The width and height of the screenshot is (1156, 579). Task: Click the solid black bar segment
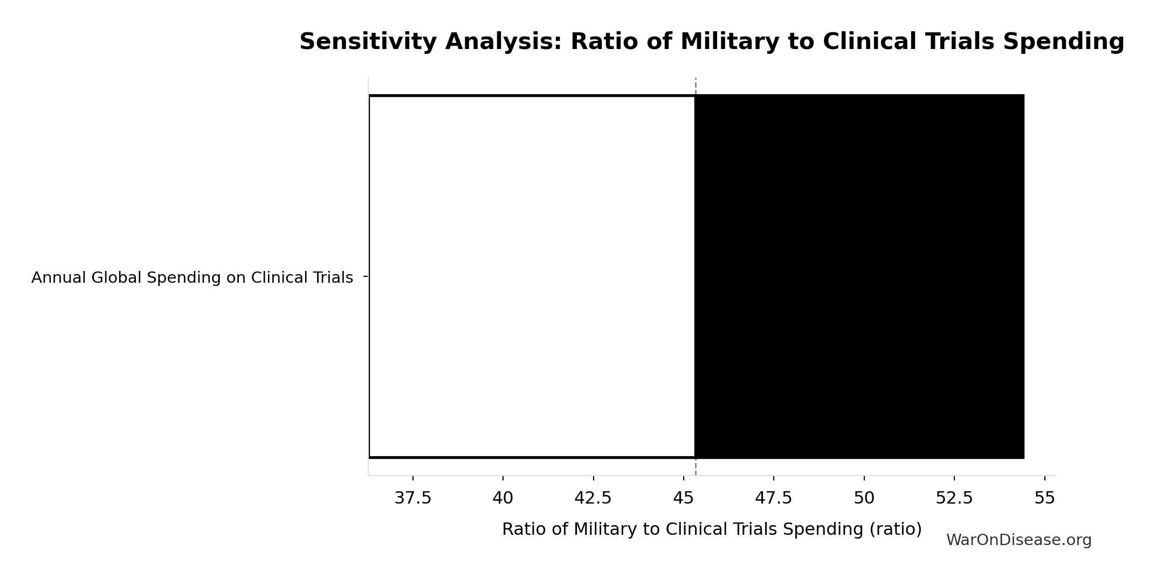(x=859, y=276)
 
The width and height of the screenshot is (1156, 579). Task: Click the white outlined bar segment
(x=532, y=276)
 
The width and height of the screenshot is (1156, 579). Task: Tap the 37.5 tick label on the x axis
(x=413, y=498)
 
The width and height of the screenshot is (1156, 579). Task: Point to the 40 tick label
(x=503, y=498)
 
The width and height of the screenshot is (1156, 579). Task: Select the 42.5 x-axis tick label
(x=593, y=498)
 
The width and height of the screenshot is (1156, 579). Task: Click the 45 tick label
(x=683, y=498)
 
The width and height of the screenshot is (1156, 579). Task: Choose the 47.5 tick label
(x=774, y=498)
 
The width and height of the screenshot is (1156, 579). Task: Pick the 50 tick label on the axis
(x=864, y=498)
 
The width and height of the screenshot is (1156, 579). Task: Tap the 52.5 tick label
(x=954, y=498)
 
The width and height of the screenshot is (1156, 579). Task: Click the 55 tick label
(x=1044, y=498)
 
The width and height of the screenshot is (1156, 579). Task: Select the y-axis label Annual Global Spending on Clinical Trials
(x=192, y=278)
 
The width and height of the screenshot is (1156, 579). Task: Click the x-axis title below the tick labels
(x=712, y=529)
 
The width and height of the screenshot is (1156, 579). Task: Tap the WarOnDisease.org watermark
(x=1019, y=540)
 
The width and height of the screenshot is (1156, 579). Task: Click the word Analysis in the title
(x=504, y=42)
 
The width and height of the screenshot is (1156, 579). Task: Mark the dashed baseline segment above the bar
(x=696, y=86)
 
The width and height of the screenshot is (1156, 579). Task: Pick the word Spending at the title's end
(x=1063, y=42)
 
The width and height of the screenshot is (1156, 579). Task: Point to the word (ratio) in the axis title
(x=896, y=529)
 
